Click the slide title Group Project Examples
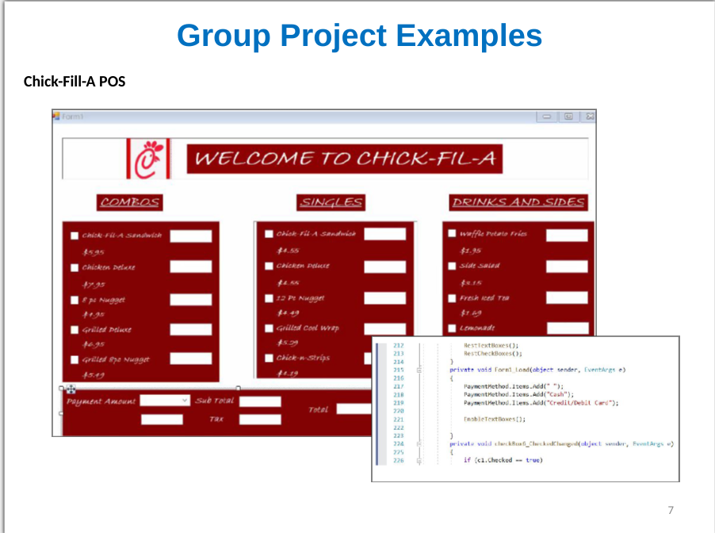pyautogui.click(x=359, y=36)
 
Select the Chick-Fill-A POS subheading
pyautogui.click(x=75, y=81)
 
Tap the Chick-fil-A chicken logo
pyautogui.click(x=148, y=159)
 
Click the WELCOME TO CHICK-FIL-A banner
pyautogui.click(x=344, y=159)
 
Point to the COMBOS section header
pyautogui.click(x=129, y=202)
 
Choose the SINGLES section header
pyautogui.click(x=331, y=202)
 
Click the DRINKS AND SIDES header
pyautogui.click(x=518, y=202)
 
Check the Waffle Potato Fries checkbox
pyautogui.click(x=452, y=234)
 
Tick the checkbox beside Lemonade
pyautogui.click(x=452, y=328)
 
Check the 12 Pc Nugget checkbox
pyautogui.click(x=270, y=298)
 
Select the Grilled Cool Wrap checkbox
pyautogui.click(x=270, y=328)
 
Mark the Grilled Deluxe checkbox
pyautogui.click(x=75, y=329)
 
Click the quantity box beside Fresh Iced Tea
pyautogui.click(x=567, y=299)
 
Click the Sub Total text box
pyautogui.click(x=260, y=401)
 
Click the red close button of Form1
pyautogui.click(x=588, y=117)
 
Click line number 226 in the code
pyautogui.click(x=399, y=460)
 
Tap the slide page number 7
pyautogui.click(x=671, y=510)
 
